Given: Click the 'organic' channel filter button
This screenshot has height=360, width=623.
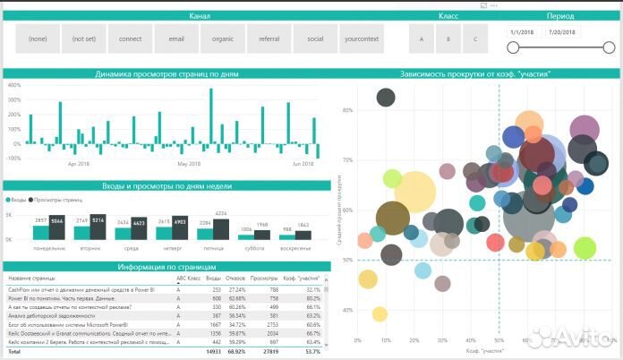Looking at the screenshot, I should (x=223, y=39).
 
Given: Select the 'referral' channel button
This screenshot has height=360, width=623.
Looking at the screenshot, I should (x=269, y=39).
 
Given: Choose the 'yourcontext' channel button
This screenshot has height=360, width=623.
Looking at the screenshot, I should (x=361, y=39).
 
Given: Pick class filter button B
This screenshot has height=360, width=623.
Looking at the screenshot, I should (x=448, y=39).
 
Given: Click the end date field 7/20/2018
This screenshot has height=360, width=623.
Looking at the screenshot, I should (x=562, y=31).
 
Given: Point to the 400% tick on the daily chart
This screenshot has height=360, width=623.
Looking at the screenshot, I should (x=14, y=85).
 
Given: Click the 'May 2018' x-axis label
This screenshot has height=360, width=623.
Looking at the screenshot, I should (x=189, y=164).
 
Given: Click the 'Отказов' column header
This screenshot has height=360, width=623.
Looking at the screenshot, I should (x=236, y=279).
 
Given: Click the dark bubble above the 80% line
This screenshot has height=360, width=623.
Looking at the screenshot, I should (x=386, y=98).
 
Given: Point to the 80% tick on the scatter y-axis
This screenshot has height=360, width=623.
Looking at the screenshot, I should (x=348, y=111).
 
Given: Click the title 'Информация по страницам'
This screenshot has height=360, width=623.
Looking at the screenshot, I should (x=167, y=267).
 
